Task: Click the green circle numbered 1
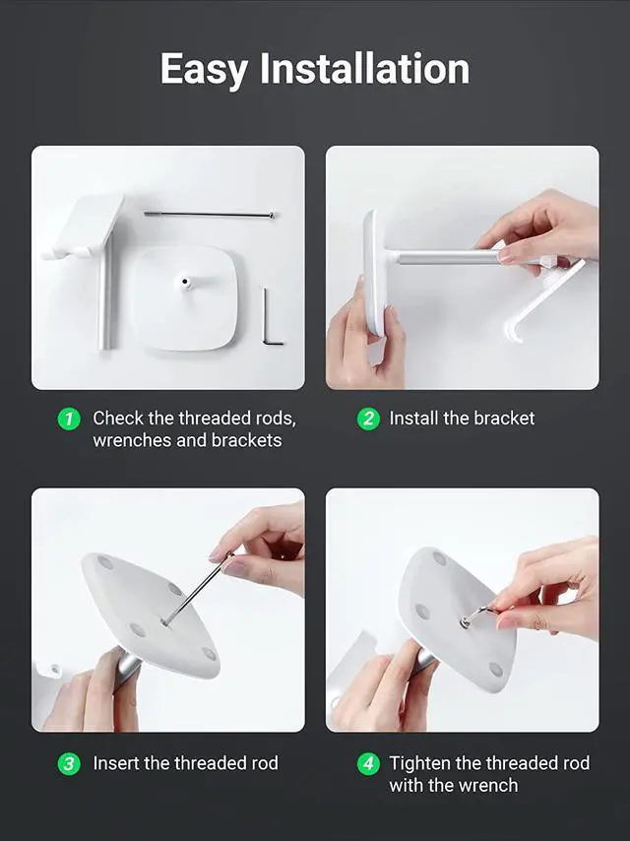tap(69, 419)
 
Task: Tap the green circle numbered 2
tap(368, 419)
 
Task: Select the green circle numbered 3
tap(69, 764)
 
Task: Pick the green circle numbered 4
tap(368, 764)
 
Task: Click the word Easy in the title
tap(204, 70)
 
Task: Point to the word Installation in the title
tap(364, 69)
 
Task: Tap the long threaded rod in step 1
tap(209, 215)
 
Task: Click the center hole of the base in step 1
tap(185, 281)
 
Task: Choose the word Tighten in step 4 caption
tap(419, 764)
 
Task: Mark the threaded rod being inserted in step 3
tap(197, 589)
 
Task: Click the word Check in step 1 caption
tap(118, 419)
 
